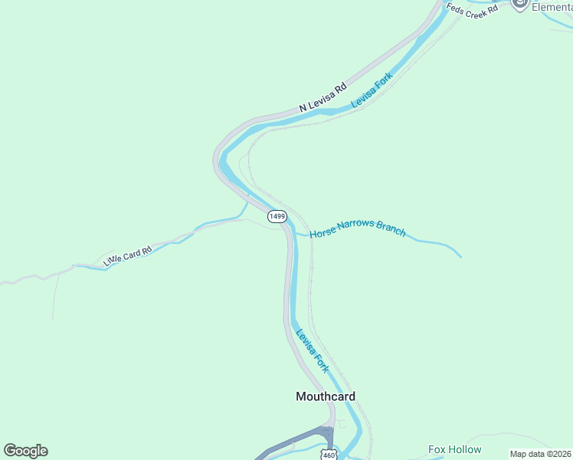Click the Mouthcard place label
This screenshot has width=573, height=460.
coord(326,396)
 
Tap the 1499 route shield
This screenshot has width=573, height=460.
coord(277,217)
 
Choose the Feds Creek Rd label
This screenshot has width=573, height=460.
coord(473,9)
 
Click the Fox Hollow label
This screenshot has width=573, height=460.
coord(455,449)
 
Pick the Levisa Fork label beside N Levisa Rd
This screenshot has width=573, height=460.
coord(372,90)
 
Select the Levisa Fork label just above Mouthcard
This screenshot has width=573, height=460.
coord(313,351)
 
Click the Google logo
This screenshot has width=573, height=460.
coord(25,451)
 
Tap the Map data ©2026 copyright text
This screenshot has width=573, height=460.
coord(540,454)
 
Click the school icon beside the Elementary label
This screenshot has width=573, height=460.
coord(520,5)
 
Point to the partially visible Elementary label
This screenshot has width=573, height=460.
coord(552,6)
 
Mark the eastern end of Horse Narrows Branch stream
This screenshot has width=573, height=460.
coord(460,256)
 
